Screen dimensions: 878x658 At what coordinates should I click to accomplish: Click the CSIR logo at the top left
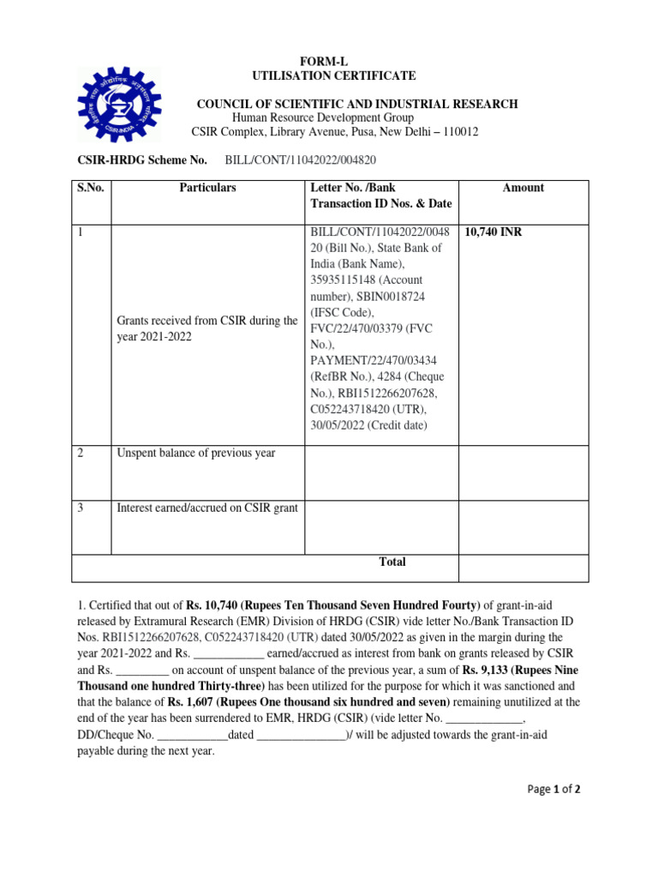click(x=118, y=105)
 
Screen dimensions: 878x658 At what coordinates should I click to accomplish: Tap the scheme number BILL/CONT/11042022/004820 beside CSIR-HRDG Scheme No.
click(x=301, y=159)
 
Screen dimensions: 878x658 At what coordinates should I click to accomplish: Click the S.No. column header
click(x=90, y=188)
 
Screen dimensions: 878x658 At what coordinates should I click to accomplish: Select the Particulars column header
click(x=207, y=188)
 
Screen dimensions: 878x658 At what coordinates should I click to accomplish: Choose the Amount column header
click(x=523, y=188)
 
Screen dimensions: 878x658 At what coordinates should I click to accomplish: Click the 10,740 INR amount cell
click(x=494, y=232)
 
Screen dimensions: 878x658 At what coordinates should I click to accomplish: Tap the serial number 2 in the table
click(x=81, y=453)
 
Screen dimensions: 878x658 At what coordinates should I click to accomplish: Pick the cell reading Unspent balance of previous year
click(x=196, y=453)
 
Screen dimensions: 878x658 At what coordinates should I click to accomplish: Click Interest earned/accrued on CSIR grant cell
click(x=207, y=508)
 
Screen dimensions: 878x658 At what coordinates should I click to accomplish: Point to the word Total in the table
click(x=392, y=562)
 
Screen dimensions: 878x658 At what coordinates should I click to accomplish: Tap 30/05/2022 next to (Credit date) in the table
click(x=338, y=426)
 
